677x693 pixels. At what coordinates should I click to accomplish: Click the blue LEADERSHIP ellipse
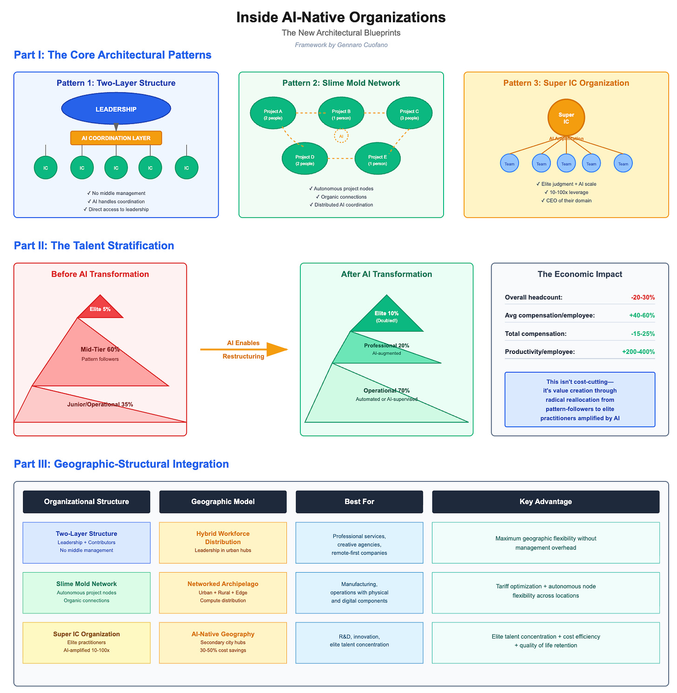[116, 109]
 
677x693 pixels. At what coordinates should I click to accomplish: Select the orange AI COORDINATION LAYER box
[116, 138]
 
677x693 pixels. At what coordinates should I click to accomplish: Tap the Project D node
[305, 160]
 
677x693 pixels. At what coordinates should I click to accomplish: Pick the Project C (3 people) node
[409, 114]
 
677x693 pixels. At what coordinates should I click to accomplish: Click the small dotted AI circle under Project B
[341, 136]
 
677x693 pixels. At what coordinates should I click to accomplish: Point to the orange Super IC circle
[566, 117]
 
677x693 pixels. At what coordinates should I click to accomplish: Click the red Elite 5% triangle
[101, 308]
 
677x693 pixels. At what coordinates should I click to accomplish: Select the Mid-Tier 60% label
[100, 349]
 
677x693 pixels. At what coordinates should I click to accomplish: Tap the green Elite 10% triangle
[386, 317]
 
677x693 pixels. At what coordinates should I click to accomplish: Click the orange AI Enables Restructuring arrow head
[277, 349]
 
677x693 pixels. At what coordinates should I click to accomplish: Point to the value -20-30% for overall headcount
[643, 297]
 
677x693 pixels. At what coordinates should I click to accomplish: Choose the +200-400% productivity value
[638, 352]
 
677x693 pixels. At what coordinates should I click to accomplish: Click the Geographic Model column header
[223, 501]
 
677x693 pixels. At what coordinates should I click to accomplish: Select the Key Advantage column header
[545, 501]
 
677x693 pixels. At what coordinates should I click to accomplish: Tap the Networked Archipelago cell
[223, 592]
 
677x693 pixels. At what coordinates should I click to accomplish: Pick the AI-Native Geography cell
[223, 642]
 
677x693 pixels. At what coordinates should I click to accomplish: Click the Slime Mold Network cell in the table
[86, 592]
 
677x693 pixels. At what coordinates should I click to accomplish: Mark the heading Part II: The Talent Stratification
[94, 246]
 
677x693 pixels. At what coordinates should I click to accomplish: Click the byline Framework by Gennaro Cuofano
[341, 45]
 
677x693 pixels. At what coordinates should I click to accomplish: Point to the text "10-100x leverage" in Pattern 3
[566, 192]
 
